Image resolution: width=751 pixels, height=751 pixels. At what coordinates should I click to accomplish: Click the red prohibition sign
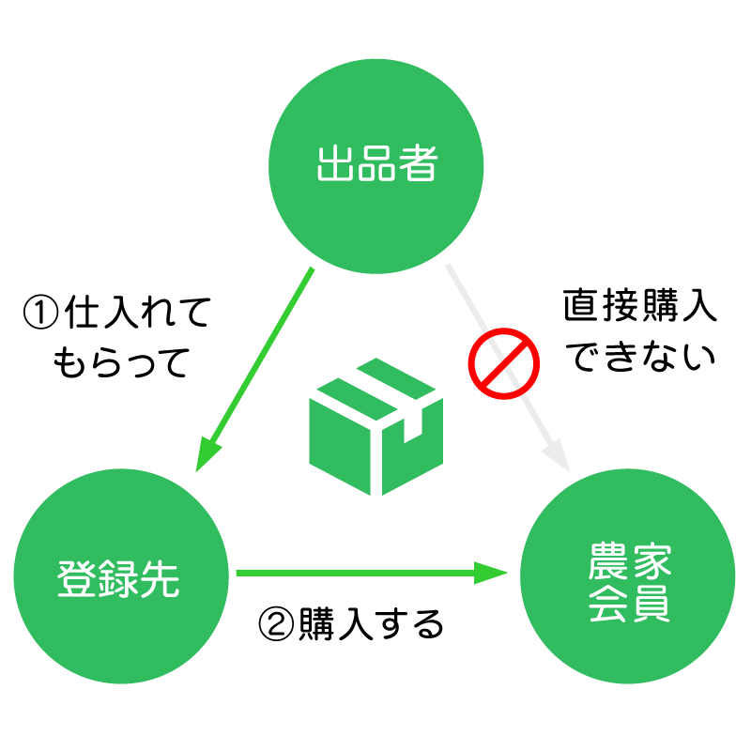point(504,363)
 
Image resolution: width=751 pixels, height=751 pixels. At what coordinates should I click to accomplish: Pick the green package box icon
point(375,427)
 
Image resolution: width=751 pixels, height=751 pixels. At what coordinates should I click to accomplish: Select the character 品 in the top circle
point(375,165)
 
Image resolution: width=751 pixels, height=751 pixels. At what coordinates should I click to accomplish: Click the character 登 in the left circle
point(78,578)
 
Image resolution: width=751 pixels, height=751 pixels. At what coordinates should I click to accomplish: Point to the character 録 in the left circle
point(119,578)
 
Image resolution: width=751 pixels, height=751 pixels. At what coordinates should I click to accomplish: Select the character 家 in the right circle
point(650,561)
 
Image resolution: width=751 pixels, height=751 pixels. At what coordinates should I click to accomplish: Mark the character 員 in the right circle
point(650,605)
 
